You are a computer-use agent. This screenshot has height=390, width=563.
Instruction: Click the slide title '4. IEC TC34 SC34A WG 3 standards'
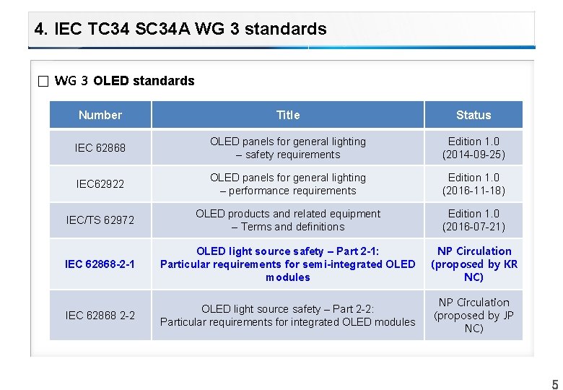tap(180, 30)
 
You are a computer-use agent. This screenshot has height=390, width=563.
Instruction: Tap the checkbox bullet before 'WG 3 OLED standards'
tap(43, 81)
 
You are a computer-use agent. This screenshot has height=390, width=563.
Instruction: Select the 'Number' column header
tap(100, 115)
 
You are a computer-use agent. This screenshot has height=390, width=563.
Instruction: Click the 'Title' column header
tap(287, 115)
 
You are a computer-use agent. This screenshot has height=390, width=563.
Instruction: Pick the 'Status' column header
tap(473, 115)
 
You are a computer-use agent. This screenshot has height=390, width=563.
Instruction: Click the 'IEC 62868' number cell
tap(100, 148)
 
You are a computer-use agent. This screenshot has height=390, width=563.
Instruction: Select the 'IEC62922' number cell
tap(100, 184)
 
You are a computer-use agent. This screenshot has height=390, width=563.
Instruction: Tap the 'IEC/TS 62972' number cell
tap(100, 220)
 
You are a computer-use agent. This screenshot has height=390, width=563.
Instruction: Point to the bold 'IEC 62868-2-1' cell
tap(100, 264)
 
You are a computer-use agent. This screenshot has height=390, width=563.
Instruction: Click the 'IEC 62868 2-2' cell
tap(100, 316)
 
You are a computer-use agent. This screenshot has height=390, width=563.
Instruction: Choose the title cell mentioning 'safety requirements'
tap(287, 148)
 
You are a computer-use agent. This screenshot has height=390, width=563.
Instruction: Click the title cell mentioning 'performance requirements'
tap(287, 184)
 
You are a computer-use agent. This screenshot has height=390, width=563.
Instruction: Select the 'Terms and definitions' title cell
tap(287, 220)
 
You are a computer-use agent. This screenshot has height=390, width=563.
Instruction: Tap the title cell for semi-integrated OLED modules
tap(287, 264)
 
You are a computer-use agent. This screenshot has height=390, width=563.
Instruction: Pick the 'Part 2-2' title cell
tap(287, 316)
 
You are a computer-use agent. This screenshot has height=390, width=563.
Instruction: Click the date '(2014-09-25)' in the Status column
tap(473, 155)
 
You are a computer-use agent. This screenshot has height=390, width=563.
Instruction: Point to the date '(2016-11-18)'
tap(473, 191)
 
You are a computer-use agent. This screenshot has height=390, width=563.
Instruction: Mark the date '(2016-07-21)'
tap(473, 227)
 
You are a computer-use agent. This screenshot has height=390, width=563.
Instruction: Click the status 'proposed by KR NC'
tap(474, 271)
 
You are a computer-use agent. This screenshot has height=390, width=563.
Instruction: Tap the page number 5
tap(555, 384)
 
